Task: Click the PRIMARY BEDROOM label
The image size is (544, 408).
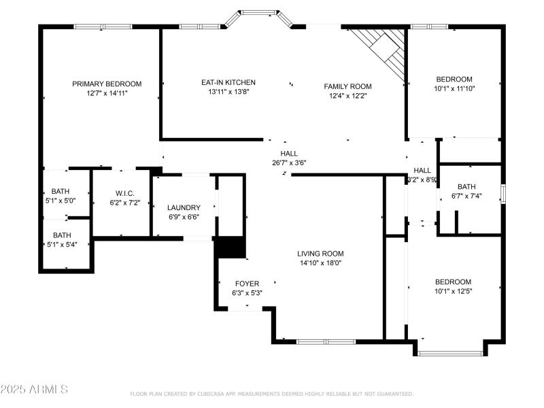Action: coord(107,84)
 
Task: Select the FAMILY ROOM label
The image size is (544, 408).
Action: coord(347,86)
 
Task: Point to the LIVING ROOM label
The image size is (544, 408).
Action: coord(321,254)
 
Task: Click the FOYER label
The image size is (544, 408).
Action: coord(247,284)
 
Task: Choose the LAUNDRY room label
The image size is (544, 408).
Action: coord(184,207)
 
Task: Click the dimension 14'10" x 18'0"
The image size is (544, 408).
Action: coord(321,262)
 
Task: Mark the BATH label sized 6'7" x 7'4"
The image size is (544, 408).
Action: coord(466,187)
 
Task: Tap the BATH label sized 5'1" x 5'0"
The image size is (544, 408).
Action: coord(62,192)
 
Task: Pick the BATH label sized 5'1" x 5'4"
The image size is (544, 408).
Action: coord(62,235)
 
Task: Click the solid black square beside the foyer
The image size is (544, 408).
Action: coord(230,247)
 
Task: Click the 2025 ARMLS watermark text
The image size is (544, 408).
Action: coord(34,390)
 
